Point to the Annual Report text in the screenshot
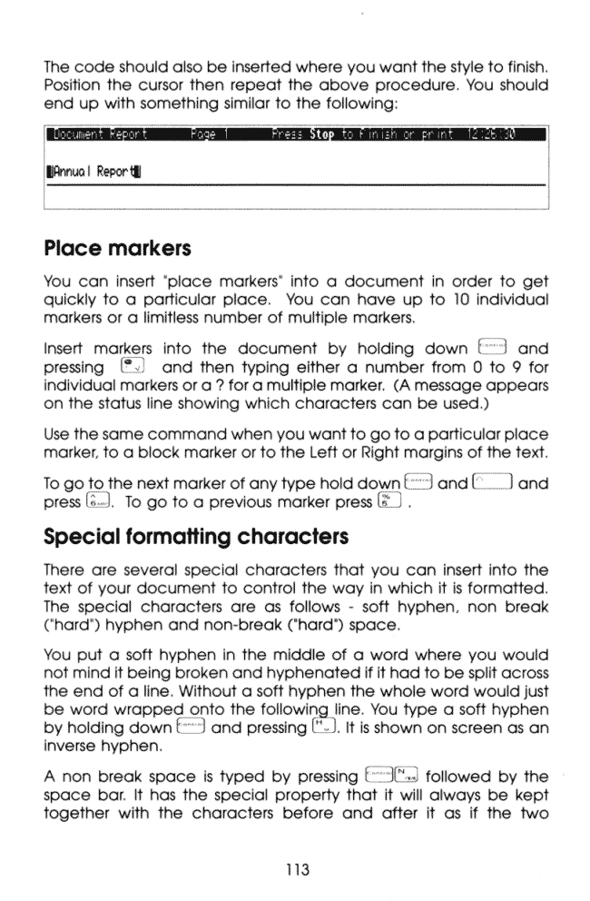tap(85, 194)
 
